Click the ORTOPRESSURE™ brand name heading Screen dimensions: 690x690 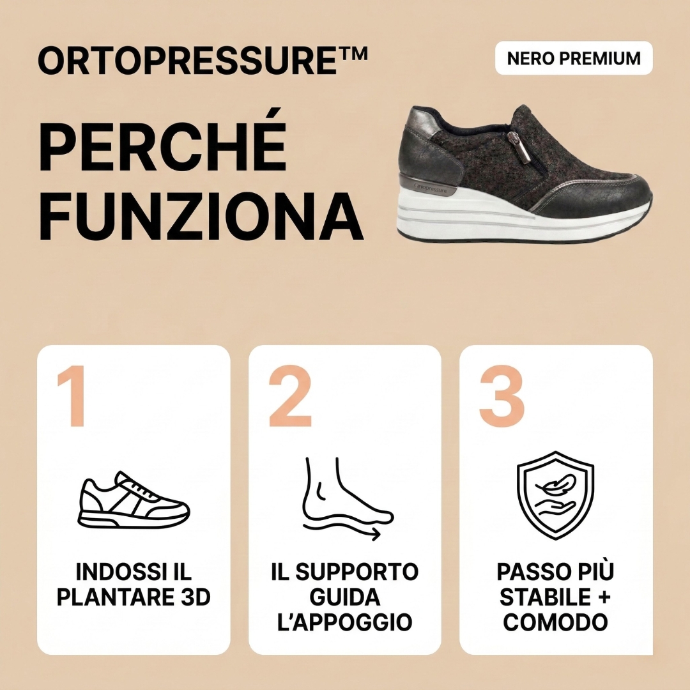click(192, 61)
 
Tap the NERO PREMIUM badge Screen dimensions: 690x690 click(574, 58)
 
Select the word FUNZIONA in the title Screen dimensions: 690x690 click(201, 211)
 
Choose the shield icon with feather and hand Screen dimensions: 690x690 click(555, 495)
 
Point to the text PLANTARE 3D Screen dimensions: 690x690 click(134, 597)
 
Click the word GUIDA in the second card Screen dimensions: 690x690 click(345, 597)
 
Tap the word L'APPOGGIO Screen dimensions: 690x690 click(345, 622)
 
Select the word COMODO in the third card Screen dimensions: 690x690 click(555, 622)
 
